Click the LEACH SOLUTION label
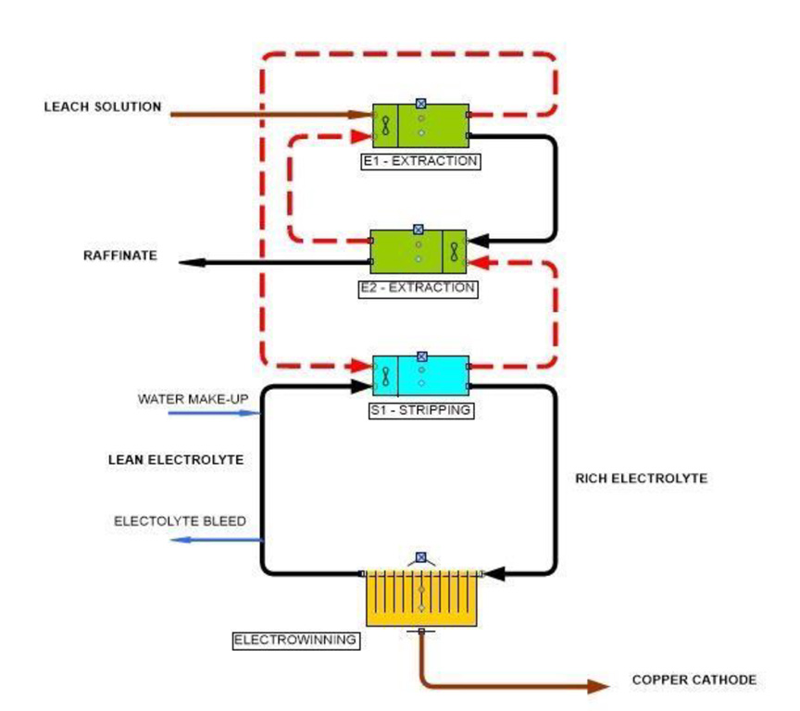click(x=102, y=106)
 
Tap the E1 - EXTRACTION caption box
click(x=420, y=160)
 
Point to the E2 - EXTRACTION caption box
click(x=418, y=288)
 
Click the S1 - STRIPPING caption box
click(x=421, y=409)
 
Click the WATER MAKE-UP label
click(x=193, y=399)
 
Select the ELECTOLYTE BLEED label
click(x=180, y=521)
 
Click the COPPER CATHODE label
click(x=694, y=680)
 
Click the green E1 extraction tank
click(x=420, y=126)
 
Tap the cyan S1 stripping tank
click(x=421, y=376)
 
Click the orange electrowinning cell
click(x=421, y=598)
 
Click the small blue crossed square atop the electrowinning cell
click(x=421, y=557)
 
